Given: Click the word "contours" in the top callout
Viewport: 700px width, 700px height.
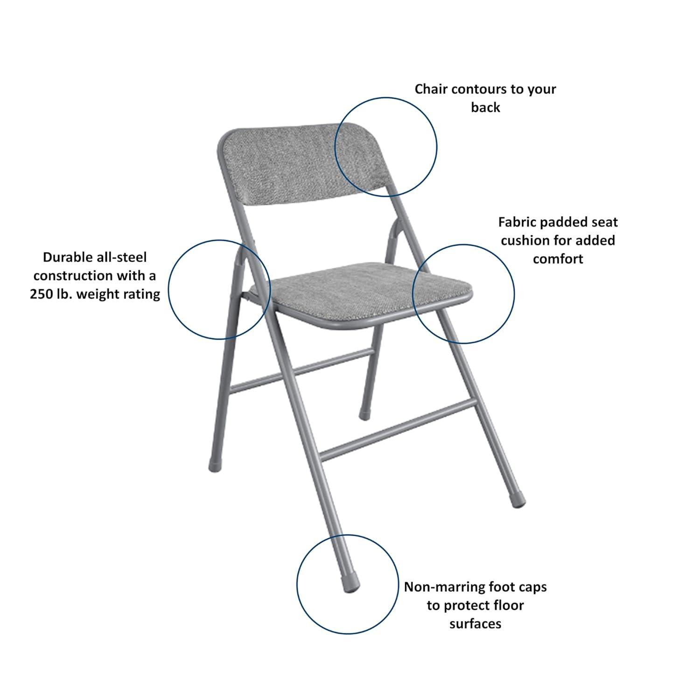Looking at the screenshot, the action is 471,89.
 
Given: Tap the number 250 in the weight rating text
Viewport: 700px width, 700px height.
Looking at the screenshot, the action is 41,294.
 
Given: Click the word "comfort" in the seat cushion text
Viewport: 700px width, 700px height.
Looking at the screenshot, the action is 558,259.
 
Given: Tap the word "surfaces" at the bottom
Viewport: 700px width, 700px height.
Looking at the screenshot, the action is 475,624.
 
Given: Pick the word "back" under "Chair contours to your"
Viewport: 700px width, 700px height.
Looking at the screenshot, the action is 485,107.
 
